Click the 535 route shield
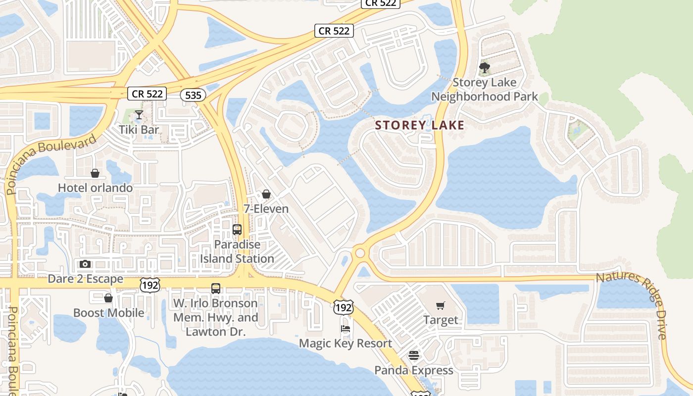pos(193,95)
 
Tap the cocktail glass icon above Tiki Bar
pos(139,115)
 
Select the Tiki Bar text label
pos(139,130)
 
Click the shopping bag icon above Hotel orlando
pos(95,173)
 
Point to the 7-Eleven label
pos(266,209)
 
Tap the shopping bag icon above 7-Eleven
pos(266,194)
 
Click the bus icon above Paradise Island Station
pos(237,230)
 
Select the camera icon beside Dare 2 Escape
pos(85,264)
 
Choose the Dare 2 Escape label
pos(85,279)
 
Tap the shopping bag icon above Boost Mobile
pos(108,298)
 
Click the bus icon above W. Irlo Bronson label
pos(216,289)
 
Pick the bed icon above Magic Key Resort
pos(346,329)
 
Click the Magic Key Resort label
pos(346,344)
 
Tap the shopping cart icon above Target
pos(441,305)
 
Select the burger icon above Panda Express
pos(414,355)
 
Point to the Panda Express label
pos(414,370)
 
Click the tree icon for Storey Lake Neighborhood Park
pos(485,67)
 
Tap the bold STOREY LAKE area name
pos(420,125)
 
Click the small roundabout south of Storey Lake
pos(360,253)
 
